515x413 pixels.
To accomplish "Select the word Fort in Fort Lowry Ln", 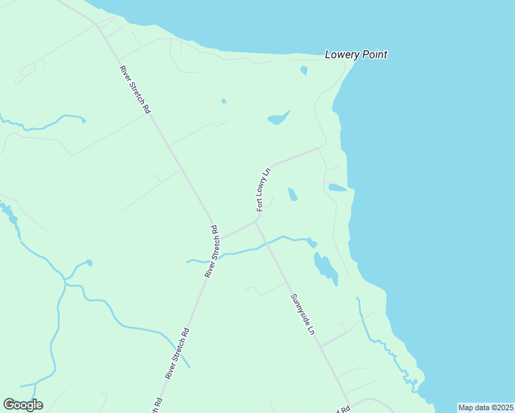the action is click(x=260, y=204).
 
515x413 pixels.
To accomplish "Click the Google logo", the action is click(x=23, y=405).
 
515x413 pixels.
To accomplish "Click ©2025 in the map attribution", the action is click(x=501, y=407).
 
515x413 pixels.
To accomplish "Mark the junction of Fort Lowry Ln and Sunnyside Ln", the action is click(x=257, y=222).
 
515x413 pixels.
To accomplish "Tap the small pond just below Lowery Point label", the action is click(x=304, y=70).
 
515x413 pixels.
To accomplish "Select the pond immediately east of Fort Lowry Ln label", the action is click(x=293, y=194).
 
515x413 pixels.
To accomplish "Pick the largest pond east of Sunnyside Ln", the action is click(x=325, y=268).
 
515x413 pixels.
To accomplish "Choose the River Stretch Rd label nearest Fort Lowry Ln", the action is click(x=211, y=251).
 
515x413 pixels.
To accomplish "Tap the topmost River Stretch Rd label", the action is click(x=135, y=89).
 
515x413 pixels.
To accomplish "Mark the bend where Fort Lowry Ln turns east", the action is click(x=272, y=166).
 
